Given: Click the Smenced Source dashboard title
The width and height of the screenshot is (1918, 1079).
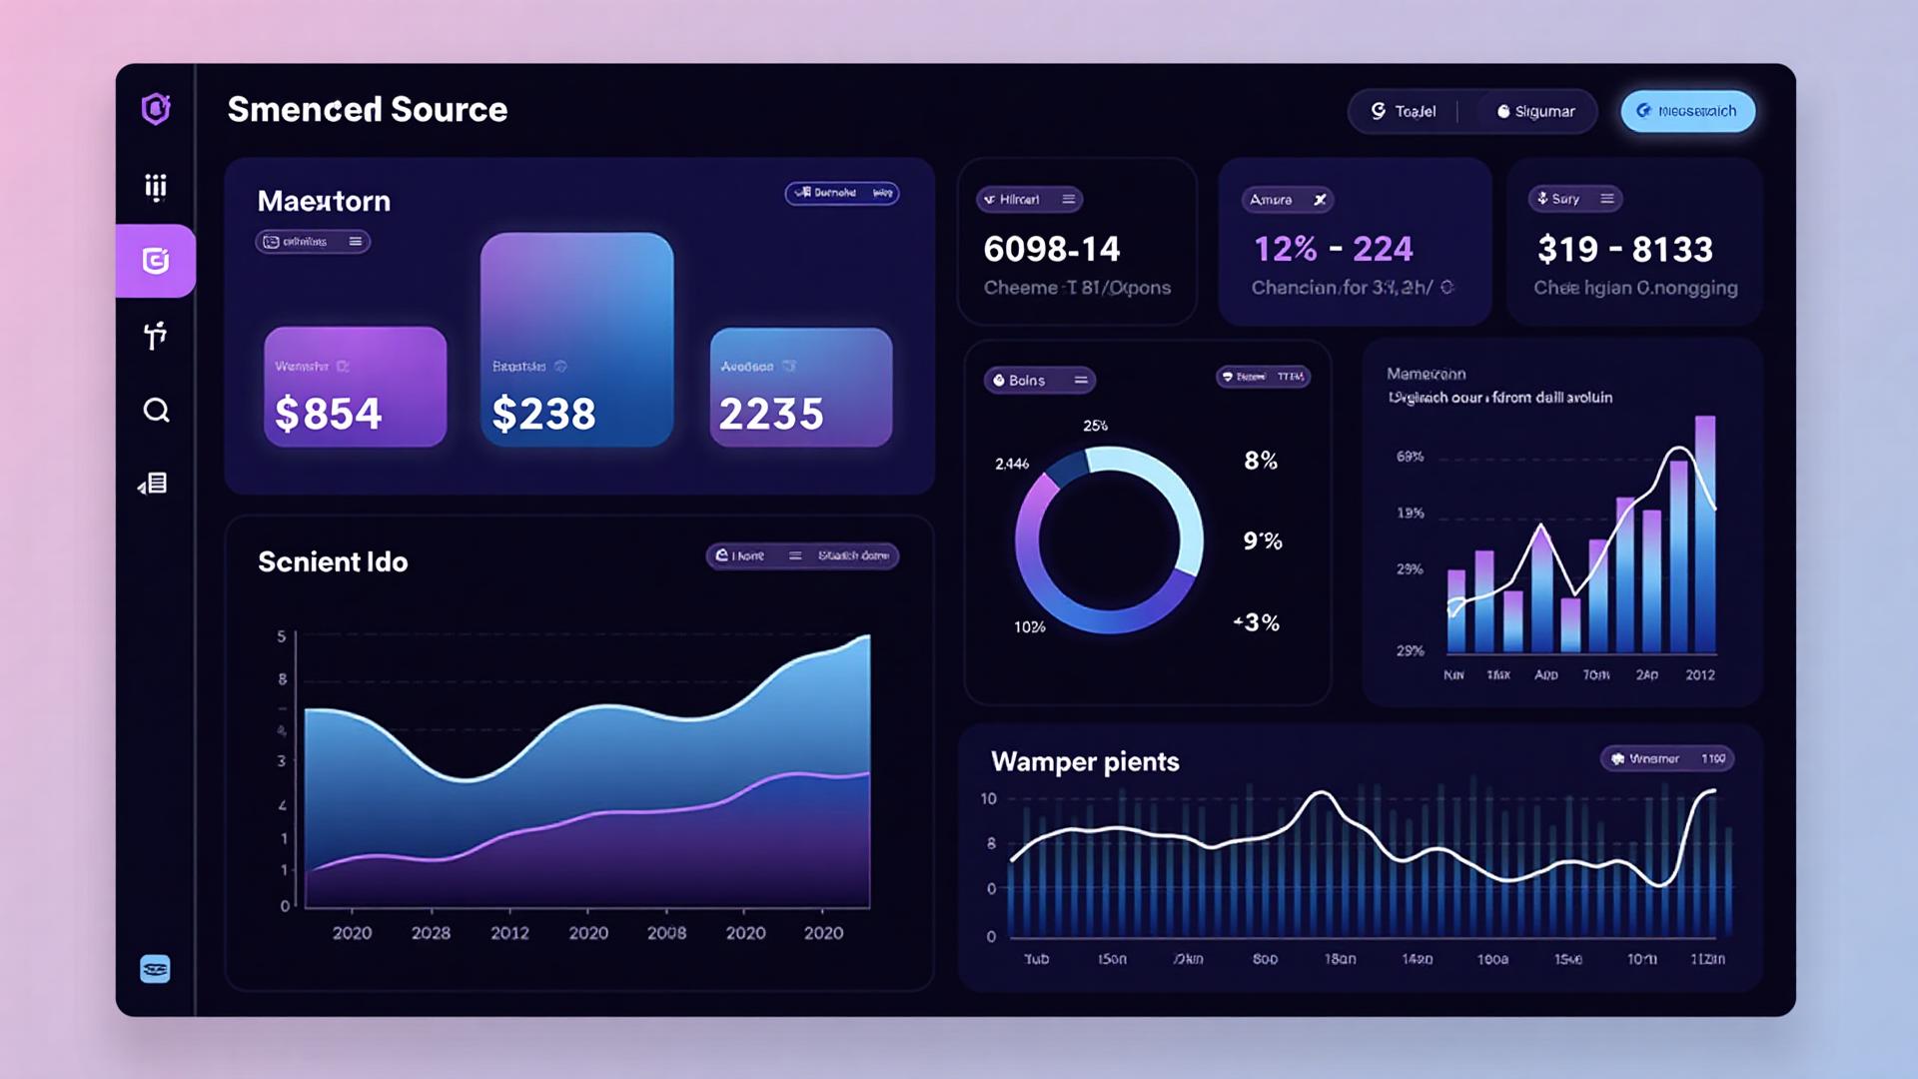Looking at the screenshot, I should coord(367,109).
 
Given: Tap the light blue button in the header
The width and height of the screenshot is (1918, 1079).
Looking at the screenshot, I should coord(1687,111).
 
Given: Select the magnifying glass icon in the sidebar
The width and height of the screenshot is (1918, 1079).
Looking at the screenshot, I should coord(156,410).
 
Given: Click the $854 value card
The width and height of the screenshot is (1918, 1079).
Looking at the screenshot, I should coord(355,387).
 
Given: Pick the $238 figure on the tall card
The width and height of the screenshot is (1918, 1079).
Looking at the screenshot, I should coord(543,414).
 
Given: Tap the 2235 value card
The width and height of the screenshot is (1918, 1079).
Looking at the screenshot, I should coord(800,387).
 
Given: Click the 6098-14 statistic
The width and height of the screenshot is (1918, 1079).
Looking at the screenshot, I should coord(1052,249).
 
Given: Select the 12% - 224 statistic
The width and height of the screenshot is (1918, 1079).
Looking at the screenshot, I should coord(1333,249).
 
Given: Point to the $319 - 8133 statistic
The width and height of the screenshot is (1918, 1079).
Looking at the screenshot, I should coord(1624,249).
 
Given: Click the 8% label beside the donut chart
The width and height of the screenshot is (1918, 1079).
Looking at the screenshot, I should coord(1261,461).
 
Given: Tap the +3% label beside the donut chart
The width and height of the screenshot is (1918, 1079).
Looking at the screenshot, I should coord(1257,622).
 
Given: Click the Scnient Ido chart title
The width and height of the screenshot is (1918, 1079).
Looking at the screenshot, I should coord(333,561).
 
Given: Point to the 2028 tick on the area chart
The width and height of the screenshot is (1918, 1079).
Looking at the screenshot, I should coord(431,932).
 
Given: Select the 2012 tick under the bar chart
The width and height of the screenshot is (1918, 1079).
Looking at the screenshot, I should coord(1699,675).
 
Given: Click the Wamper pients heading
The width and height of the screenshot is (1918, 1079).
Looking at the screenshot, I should coord(1085,761).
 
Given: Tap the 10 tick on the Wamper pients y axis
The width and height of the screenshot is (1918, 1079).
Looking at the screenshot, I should coord(988,798).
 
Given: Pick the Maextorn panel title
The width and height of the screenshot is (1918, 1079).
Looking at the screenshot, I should coord(324,201).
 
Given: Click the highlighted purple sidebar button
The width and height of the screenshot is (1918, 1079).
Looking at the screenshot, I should coord(156,261).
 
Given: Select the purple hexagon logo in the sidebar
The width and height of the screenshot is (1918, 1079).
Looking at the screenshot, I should coord(156,108).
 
